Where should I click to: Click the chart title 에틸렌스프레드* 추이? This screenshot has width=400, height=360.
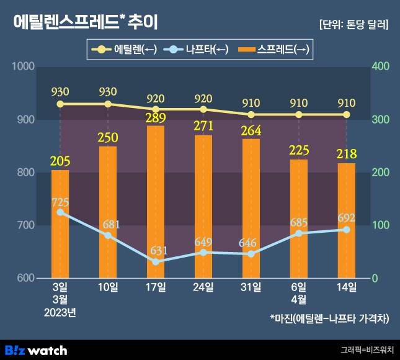point(86,23)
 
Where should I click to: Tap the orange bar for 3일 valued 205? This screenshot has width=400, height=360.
point(60,223)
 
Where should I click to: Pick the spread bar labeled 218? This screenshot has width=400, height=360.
point(346,220)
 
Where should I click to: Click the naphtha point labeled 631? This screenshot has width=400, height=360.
point(156,262)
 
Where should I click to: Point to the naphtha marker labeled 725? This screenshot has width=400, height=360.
point(60,212)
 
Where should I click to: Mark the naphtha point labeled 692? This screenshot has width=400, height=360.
point(346,230)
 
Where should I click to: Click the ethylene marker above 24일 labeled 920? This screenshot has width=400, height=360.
point(203,109)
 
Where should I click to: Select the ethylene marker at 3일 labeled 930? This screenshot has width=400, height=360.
point(60,104)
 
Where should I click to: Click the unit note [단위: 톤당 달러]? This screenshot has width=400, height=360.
point(353,25)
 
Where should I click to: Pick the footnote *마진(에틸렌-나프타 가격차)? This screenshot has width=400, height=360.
point(329,318)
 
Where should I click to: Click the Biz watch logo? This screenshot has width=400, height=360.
point(36,349)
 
